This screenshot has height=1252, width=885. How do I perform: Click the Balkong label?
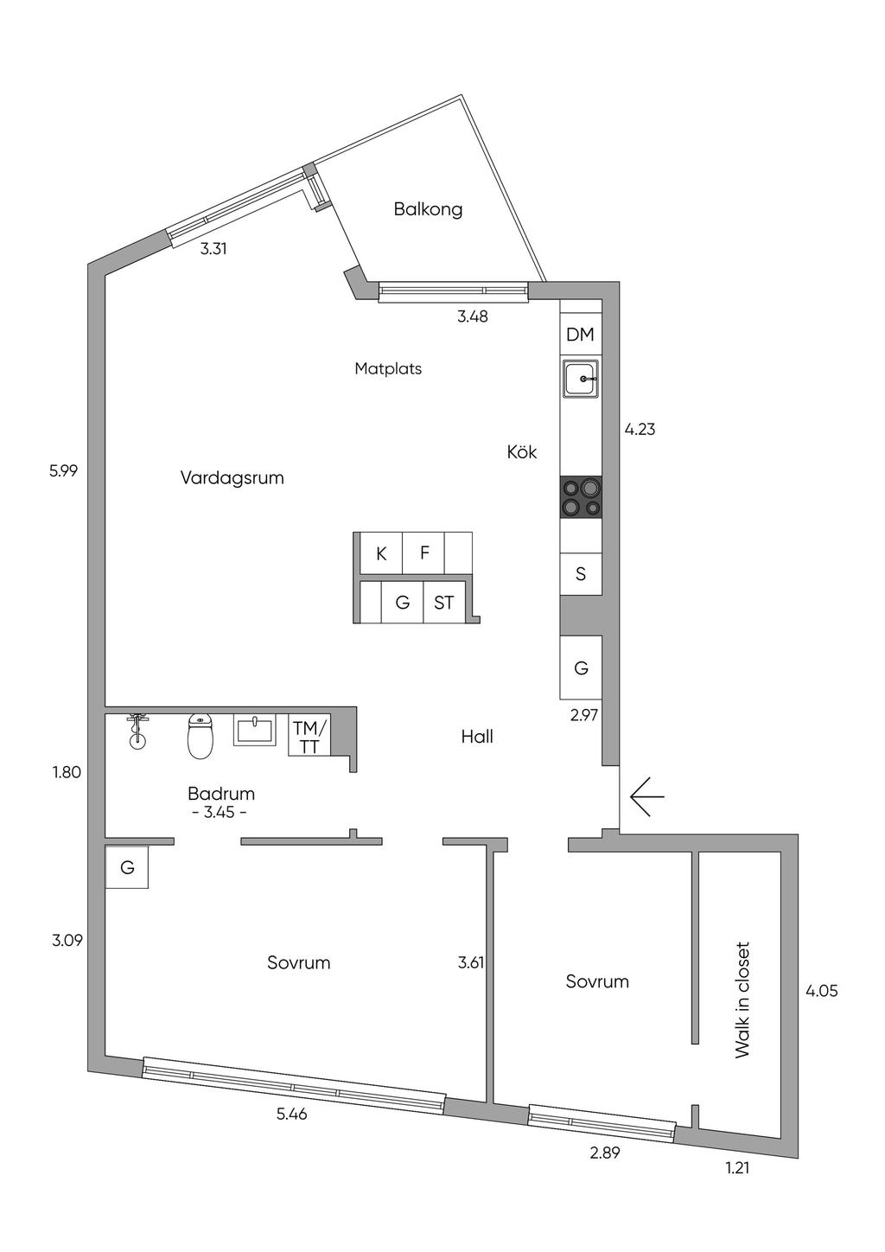[x=428, y=209]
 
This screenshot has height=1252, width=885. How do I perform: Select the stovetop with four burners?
[x=581, y=497]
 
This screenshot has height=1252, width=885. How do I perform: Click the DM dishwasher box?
[x=580, y=335]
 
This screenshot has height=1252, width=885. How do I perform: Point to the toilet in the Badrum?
[x=201, y=736]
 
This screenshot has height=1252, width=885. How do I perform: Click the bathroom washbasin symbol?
[x=254, y=731]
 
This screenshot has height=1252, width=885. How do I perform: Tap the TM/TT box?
[x=309, y=737]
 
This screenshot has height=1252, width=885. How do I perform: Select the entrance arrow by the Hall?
[x=646, y=795]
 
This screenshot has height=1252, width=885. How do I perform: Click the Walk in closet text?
[x=742, y=1000]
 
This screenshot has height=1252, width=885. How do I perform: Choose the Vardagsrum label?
[x=232, y=477]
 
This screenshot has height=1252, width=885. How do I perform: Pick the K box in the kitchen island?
[x=381, y=553]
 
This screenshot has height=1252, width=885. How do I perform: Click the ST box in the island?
[x=443, y=603]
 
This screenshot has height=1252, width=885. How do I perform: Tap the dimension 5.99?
[x=64, y=471]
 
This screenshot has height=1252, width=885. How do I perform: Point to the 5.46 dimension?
[x=291, y=1115]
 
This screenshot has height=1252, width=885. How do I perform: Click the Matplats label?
[x=388, y=368]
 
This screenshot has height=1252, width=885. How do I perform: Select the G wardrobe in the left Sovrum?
[x=127, y=867]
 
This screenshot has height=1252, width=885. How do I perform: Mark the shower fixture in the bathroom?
[x=136, y=731]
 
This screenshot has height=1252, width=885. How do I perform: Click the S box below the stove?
[x=581, y=574]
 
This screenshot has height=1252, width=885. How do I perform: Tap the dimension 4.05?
[x=821, y=991]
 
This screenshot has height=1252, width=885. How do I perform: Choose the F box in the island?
[x=424, y=553]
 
